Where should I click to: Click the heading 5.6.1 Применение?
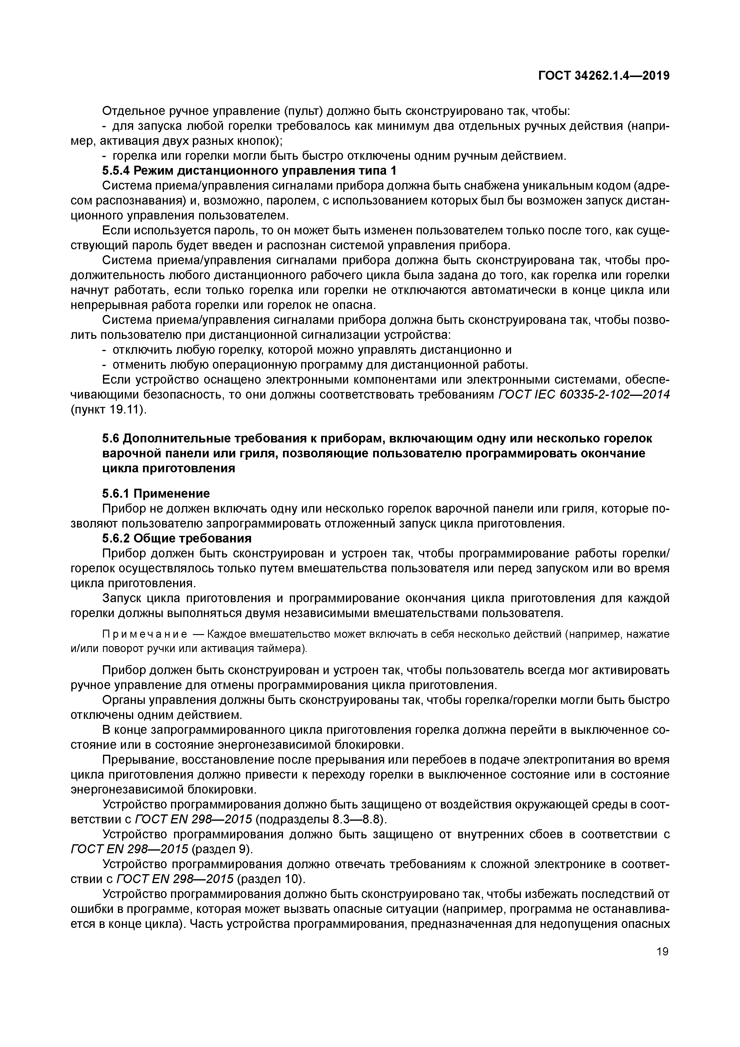tap(156, 493)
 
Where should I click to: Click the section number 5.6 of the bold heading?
tap(110, 438)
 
